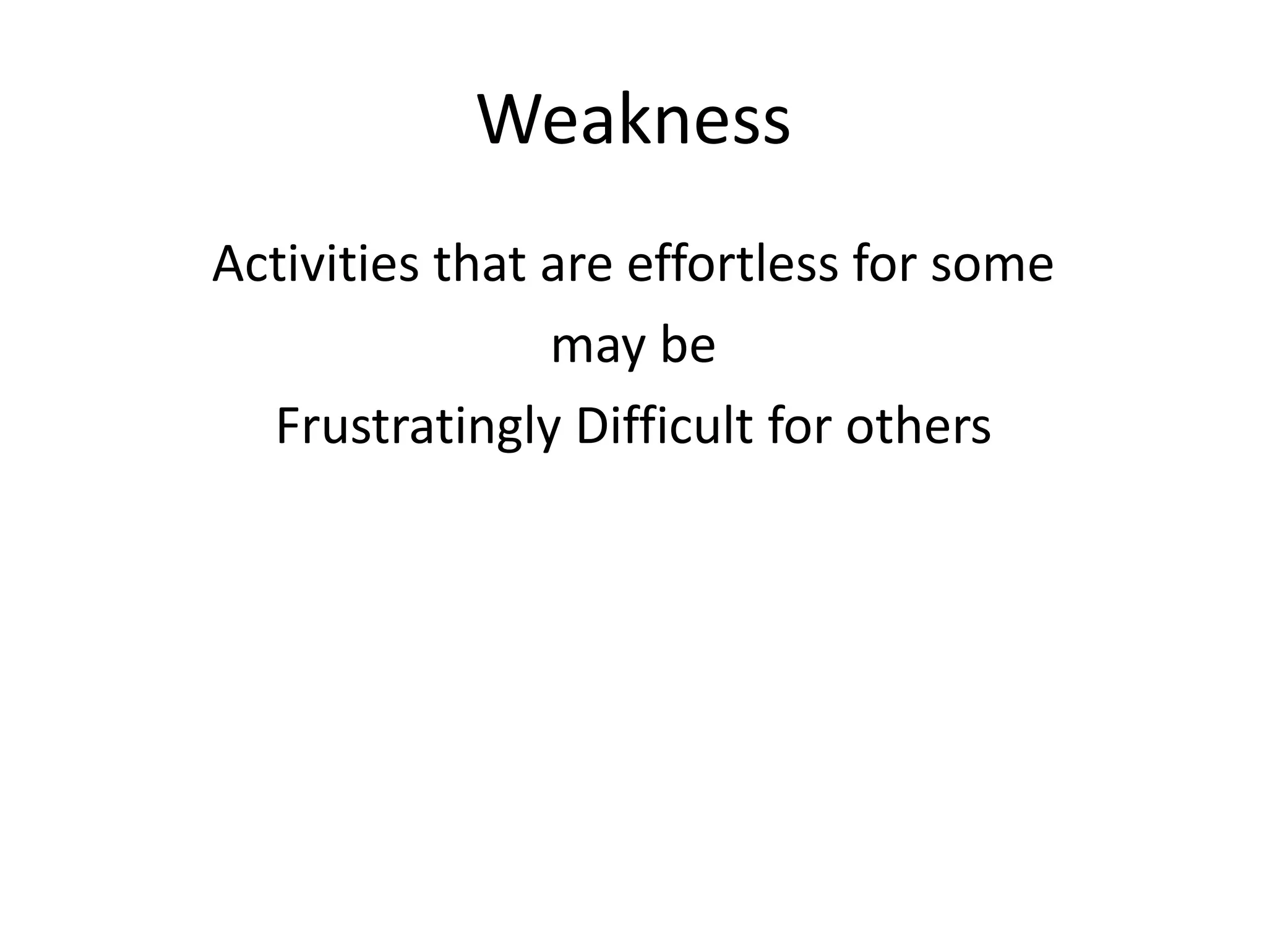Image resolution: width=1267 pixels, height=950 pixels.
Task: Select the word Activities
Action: pos(315,264)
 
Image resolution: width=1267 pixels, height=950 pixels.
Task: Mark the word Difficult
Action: pos(664,426)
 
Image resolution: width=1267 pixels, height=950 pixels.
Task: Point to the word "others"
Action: pos(918,426)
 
